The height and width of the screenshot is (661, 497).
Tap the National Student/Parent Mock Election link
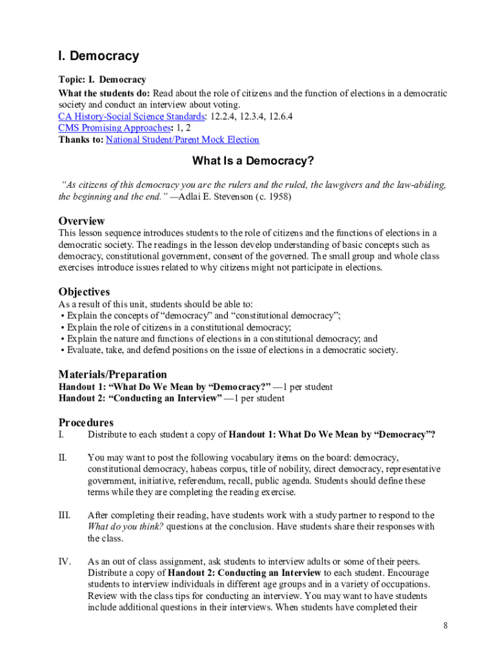click(182, 140)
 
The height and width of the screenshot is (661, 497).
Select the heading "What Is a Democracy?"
click(249, 161)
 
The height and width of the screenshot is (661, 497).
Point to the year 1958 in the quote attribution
click(278, 197)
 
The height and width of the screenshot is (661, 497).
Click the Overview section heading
click(81, 221)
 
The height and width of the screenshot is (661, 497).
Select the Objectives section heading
click(84, 292)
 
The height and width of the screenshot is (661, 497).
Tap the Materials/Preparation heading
click(112, 374)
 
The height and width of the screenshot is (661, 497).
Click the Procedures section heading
click(86, 423)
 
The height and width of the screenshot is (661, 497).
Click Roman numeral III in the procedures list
click(65, 516)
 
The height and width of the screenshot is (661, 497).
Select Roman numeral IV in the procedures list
click(65, 562)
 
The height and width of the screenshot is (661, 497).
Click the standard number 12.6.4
click(279, 117)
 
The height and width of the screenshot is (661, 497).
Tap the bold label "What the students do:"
click(104, 94)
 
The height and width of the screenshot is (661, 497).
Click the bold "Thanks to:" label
click(81, 140)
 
